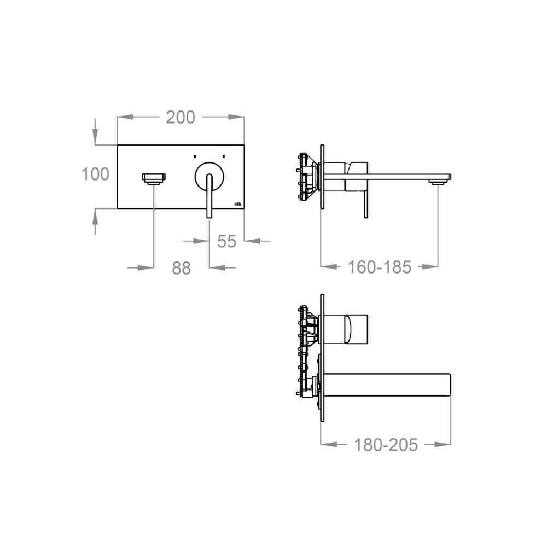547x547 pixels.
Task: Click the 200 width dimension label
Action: click(x=181, y=117)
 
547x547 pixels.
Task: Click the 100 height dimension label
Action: click(x=95, y=174)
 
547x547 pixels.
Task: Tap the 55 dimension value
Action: click(x=227, y=241)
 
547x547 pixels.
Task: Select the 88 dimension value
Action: click(x=182, y=268)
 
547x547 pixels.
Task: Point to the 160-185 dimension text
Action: click(x=380, y=267)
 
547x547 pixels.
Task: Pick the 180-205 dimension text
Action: click(x=386, y=445)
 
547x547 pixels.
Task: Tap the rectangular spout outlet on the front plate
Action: click(x=154, y=178)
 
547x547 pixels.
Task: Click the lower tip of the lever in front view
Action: click(x=210, y=217)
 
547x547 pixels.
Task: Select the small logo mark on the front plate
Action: click(x=238, y=203)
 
